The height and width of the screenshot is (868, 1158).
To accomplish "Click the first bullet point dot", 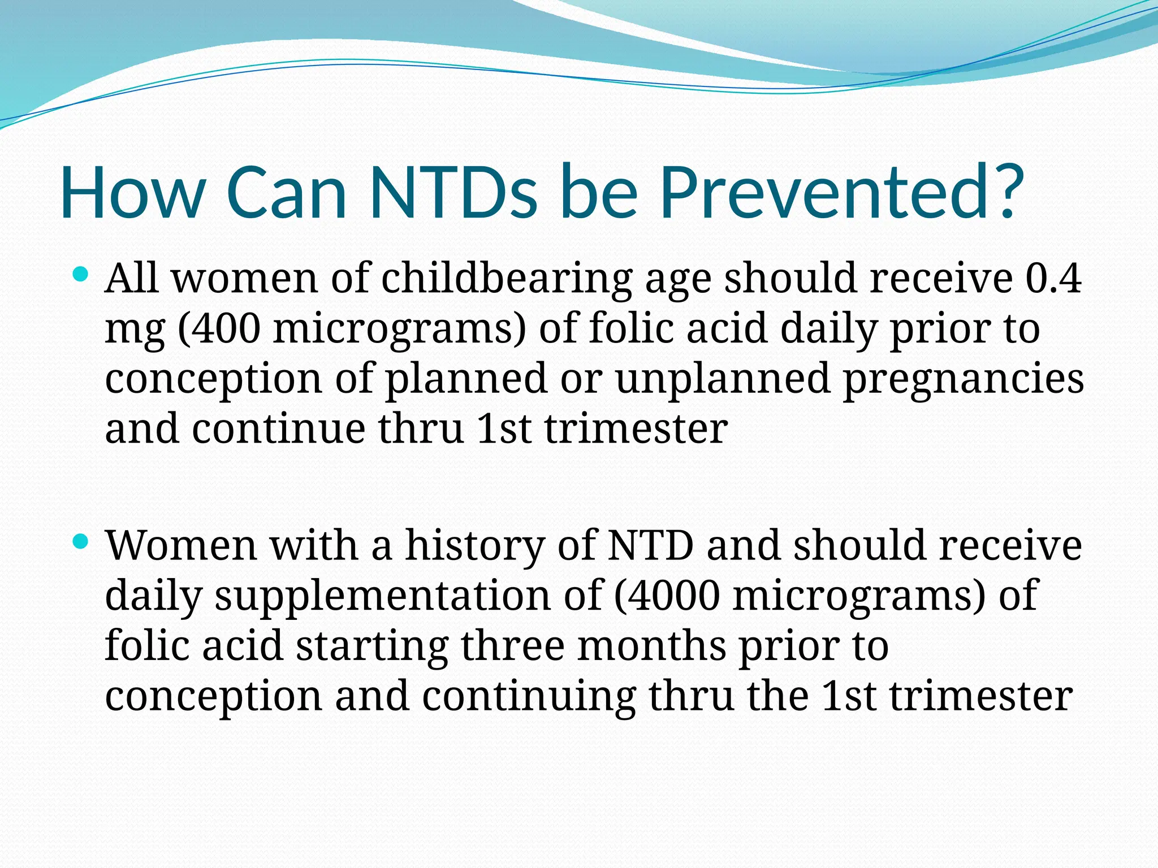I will click(81, 276).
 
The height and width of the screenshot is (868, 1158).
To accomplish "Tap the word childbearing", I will click(507, 280).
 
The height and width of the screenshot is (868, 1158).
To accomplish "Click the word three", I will click(513, 645).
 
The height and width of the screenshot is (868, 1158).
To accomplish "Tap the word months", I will click(651, 645).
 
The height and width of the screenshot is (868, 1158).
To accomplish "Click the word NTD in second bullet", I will click(650, 546).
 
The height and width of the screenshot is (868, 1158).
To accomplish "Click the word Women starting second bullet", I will click(182, 546).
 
